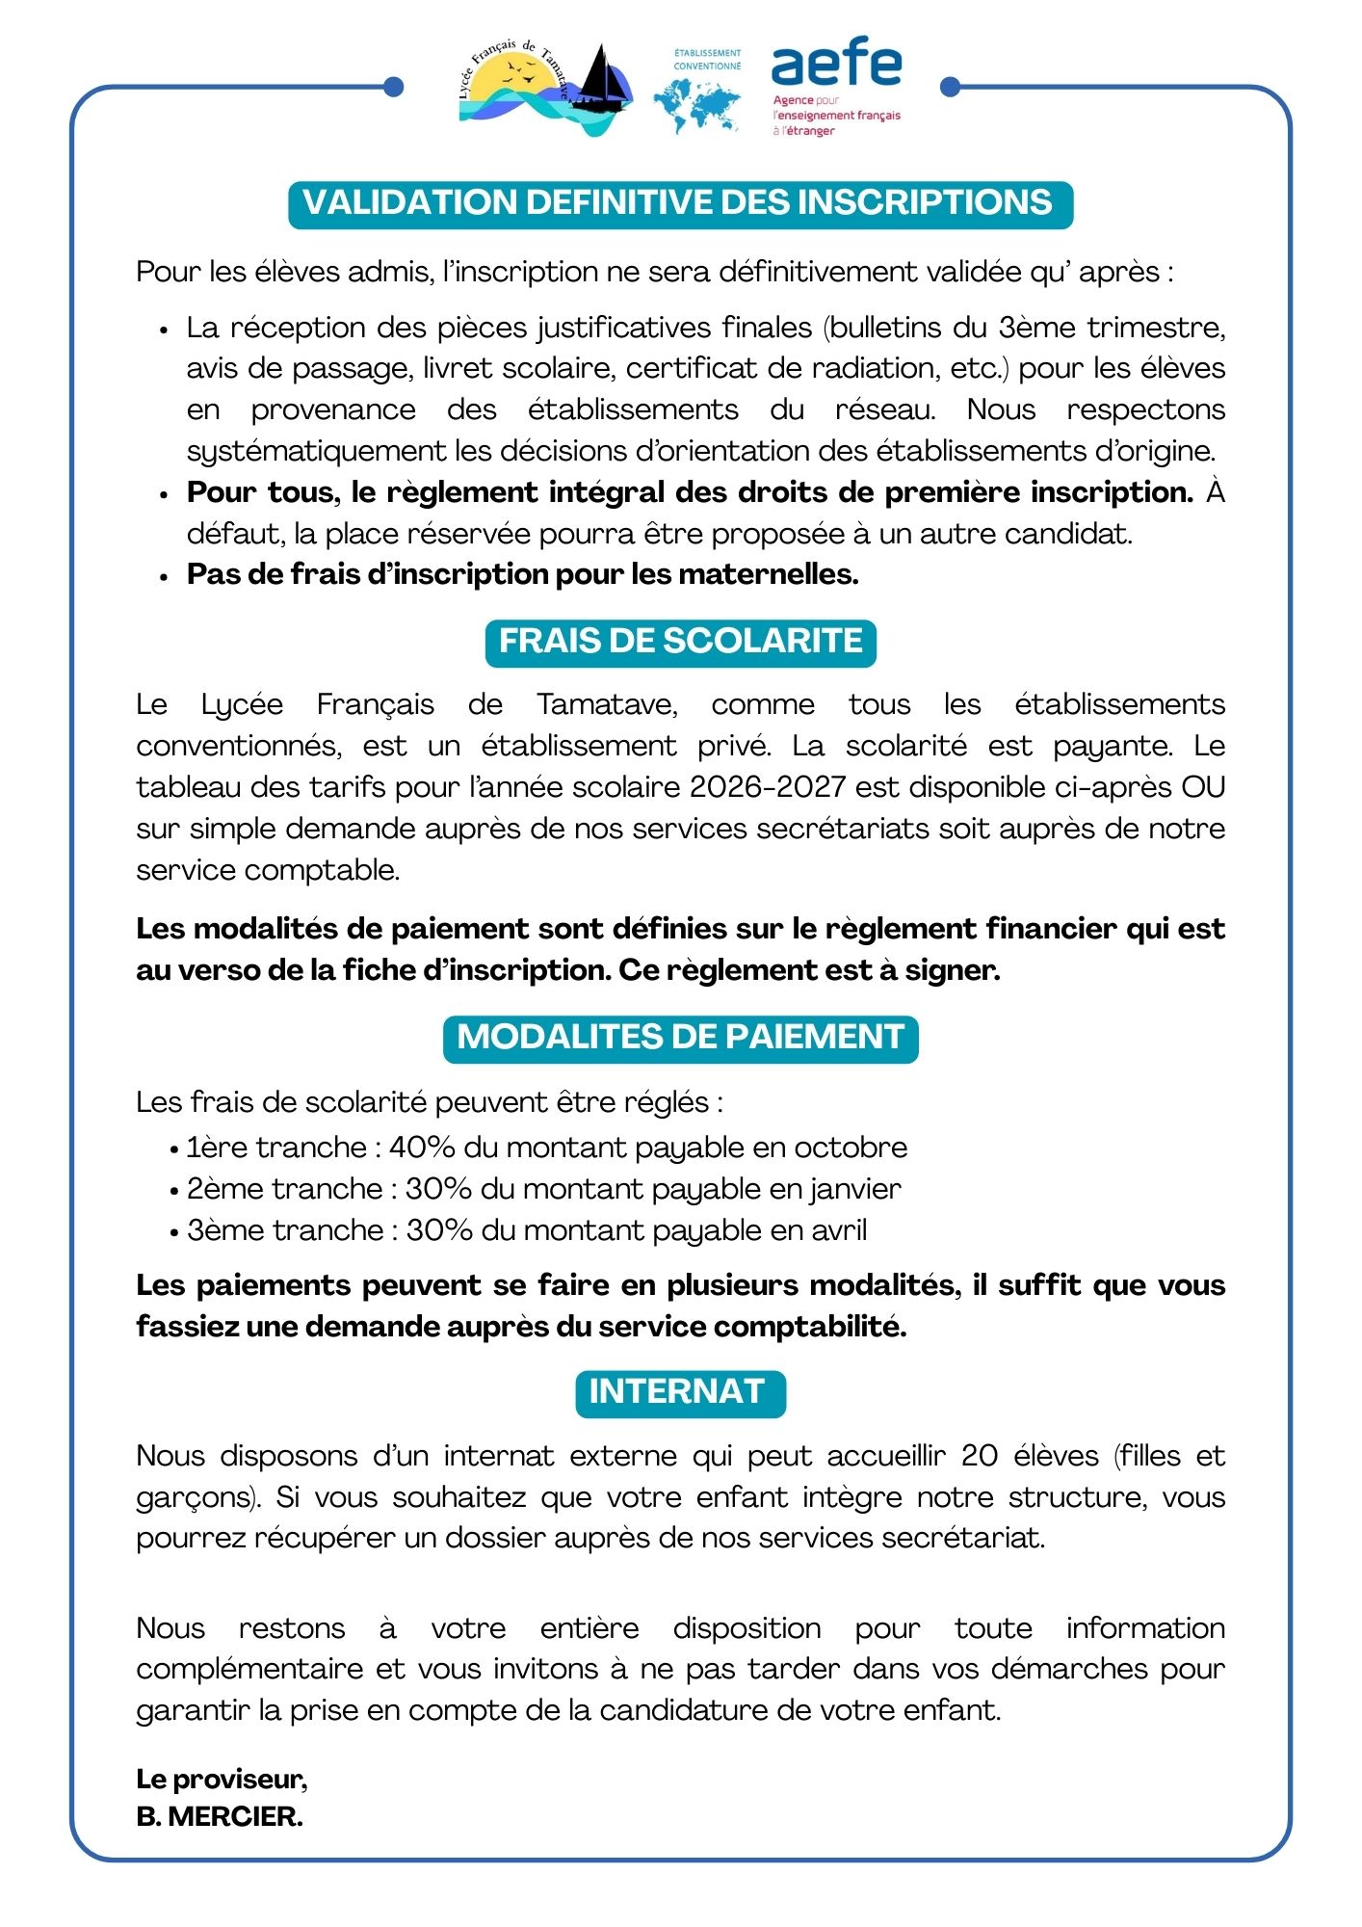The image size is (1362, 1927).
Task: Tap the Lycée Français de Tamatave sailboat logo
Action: coord(546,89)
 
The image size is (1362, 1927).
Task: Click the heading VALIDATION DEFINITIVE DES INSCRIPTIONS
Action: coord(680,204)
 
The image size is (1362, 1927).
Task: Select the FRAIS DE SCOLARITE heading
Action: coord(680,642)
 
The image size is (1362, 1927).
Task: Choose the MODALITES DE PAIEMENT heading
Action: coord(680,1038)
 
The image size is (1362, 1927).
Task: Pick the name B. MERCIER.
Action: coord(220,1817)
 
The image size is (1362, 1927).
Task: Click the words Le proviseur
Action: coord(221,1779)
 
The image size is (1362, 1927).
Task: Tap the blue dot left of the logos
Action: coord(393,88)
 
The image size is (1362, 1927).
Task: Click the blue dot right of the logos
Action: coord(950,88)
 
